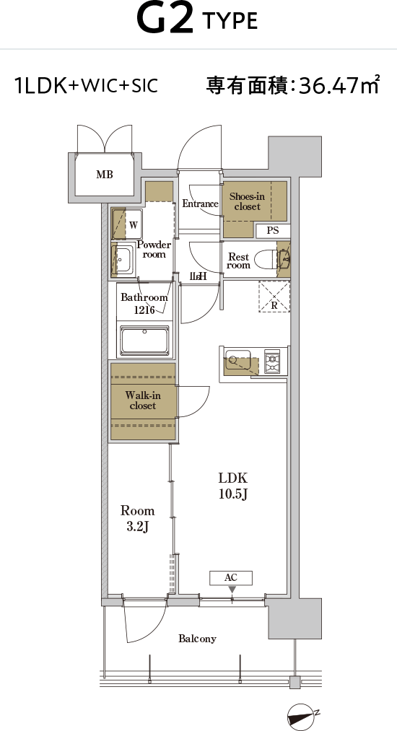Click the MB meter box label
(105, 175)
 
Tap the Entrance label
(200, 203)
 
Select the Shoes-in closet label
(248, 201)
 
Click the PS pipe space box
(272, 230)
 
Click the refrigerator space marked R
(274, 297)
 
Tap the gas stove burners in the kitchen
(272, 362)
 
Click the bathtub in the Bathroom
(144, 341)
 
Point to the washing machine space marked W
(127, 224)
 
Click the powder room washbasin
(123, 258)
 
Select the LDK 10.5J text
(233, 486)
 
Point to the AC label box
(231, 577)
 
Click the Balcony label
(197, 639)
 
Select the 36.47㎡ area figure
(339, 85)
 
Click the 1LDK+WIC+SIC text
(87, 86)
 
